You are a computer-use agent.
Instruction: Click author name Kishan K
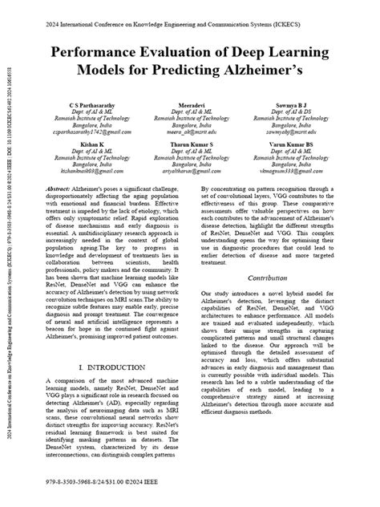pyautogui.click(x=80, y=144)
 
